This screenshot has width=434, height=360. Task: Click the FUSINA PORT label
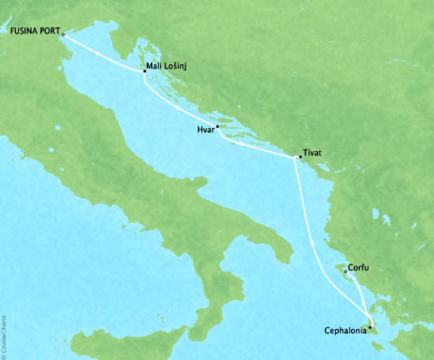[34, 32]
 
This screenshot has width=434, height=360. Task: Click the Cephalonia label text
[345, 332]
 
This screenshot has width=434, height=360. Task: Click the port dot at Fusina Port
[63, 35]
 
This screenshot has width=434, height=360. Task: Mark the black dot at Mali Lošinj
[145, 71]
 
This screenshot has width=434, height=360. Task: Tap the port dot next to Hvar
[217, 127]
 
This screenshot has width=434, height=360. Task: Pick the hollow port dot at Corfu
[345, 273]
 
